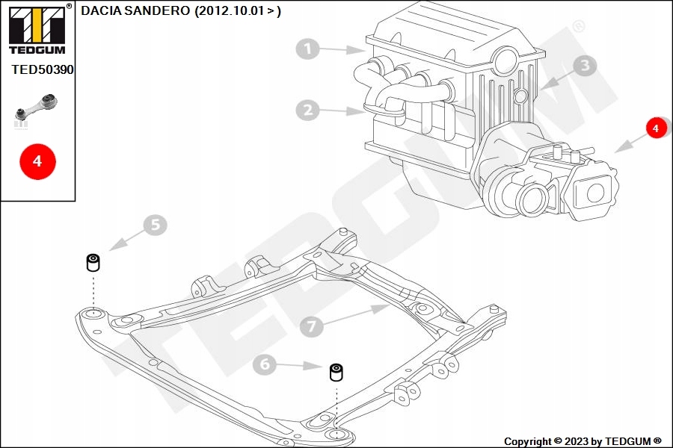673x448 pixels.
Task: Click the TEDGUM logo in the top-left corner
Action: point(36,30)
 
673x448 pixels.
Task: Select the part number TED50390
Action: point(43,69)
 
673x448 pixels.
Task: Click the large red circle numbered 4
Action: point(37,161)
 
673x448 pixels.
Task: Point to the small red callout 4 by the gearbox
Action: point(656,128)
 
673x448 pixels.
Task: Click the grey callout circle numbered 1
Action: point(307,50)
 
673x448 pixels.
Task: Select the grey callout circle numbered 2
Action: point(307,111)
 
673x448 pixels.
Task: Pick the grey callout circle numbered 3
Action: point(585,66)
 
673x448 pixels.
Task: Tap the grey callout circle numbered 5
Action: point(155,225)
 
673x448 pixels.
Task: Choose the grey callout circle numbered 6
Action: point(265,364)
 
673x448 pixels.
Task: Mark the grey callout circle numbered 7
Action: point(312,326)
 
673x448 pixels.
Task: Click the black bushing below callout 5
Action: point(93,263)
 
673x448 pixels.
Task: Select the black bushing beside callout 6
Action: point(337,371)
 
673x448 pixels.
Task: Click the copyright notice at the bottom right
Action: point(583,441)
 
